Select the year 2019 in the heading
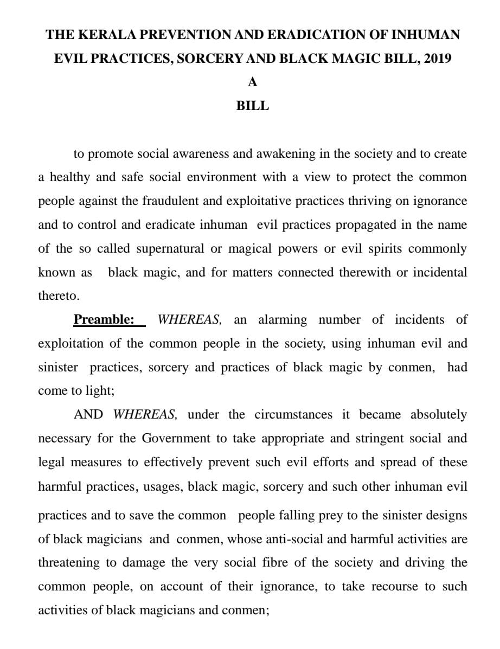click(x=438, y=59)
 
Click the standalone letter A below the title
click(x=252, y=82)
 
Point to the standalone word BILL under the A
click(x=252, y=106)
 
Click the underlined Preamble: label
click(x=104, y=319)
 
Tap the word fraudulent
click(x=170, y=201)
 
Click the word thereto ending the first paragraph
click(x=59, y=296)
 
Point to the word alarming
click(x=282, y=319)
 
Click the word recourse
click(x=395, y=587)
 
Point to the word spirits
click(x=382, y=249)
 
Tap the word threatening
click(x=69, y=563)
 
